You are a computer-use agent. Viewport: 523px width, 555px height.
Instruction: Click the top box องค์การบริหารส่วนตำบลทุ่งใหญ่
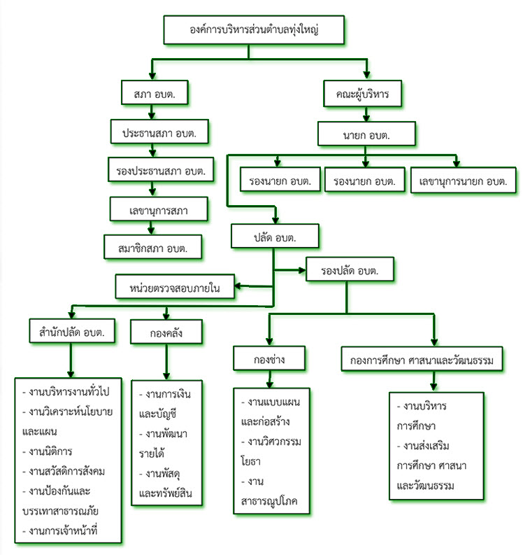pyautogui.click(x=254, y=29)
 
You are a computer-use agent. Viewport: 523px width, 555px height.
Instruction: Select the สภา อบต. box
pyautogui.click(x=155, y=92)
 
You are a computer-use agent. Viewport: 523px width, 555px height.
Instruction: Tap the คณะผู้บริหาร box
pyautogui.click(x=362, y=94)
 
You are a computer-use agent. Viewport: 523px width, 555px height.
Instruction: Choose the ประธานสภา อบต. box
pyautogui.click(x=159, y=132)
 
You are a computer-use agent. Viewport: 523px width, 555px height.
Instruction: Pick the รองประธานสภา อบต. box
pyautogui.click(x=161, y=169)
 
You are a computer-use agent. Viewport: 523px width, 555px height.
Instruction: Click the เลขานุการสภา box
pyautogui.click(x=159, y=209)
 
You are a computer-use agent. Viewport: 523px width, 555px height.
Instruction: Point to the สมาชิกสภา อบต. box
pyautogui.click(x=152, y=247)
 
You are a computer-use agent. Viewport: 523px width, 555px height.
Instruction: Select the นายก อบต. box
pyautogui.click(x=366, y=134)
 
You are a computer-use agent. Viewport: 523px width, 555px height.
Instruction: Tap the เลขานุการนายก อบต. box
pyautogui.click(x=464, y=180)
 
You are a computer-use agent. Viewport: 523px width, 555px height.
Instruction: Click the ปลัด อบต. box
pyautogui.click(x=275, y=236)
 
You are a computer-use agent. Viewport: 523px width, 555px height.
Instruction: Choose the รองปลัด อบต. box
pyautogui.click(x=350, y=269)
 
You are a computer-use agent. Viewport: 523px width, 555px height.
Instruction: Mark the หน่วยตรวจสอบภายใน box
pyautogui.click(x=175, y=287)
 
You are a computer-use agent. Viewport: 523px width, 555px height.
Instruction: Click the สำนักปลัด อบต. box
pyautogui.click(x=72, y=331)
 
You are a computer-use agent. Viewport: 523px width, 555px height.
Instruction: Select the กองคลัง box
pyautogui.click(x=166, y=332)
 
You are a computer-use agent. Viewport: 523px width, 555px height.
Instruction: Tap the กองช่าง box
pyautogui.click(x=269, y=358)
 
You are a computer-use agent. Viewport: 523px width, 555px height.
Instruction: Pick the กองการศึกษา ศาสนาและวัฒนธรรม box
pyautogui.click(x=422, y=359)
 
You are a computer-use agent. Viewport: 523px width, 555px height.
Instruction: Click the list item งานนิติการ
pyautogui.click(x=48, y=451)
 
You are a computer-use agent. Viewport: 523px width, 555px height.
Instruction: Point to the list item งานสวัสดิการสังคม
pyautogui.click(x=64, y=472)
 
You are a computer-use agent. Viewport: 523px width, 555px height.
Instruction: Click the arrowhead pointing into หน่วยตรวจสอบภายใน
pyautogui.click(x=238, y=286)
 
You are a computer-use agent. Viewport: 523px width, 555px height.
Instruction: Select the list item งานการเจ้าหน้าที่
pyautogui.click(x=59, y=531)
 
